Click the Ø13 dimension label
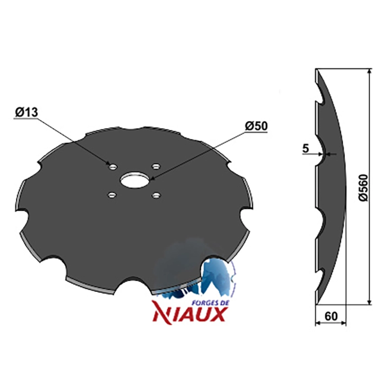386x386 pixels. point(27,112)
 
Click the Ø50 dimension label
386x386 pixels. point(256,126)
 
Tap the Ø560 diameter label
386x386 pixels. point(363,188)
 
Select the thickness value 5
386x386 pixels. point(305,149)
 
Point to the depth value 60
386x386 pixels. point(331,317)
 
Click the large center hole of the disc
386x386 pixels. point(134,180)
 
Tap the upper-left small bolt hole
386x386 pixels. point(113,166)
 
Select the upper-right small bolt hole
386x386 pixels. point(156,166)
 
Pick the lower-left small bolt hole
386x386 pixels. point(112,195)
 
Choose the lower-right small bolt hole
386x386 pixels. point(156,195)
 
